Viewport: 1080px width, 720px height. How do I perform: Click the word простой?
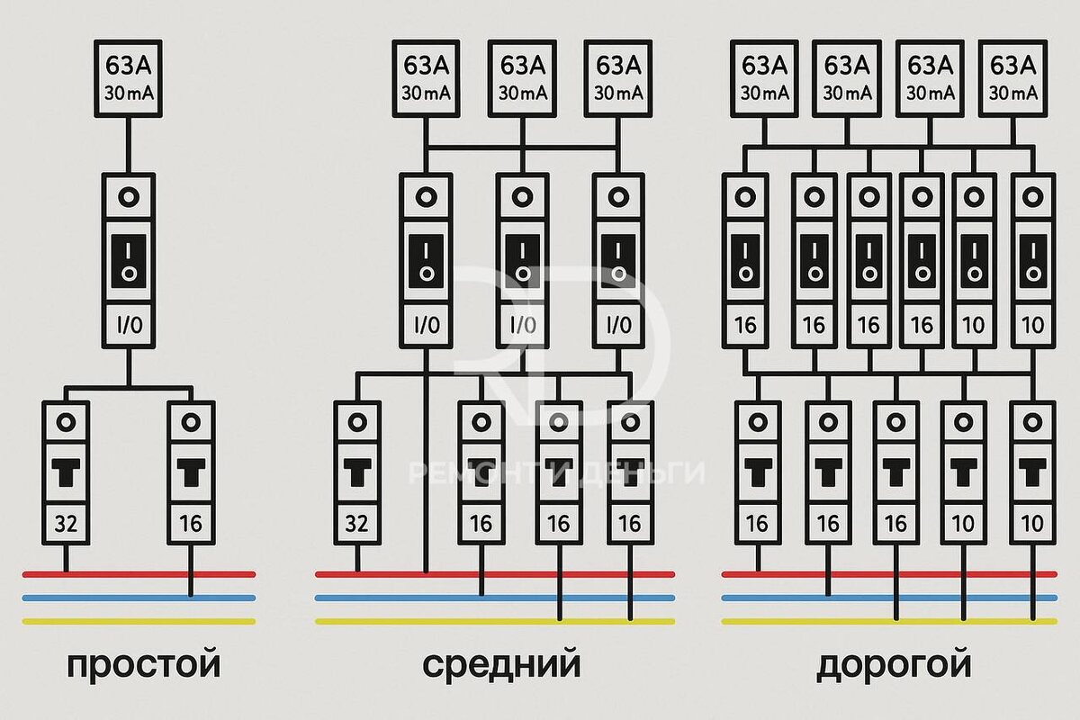(x=143, y=667)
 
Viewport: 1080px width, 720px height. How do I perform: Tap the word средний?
(x=501, y=667)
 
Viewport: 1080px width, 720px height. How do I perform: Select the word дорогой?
(x=894, y=667)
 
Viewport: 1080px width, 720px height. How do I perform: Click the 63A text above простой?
(x=128, y=65)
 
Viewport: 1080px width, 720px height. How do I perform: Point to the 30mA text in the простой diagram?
(x=128, y=93)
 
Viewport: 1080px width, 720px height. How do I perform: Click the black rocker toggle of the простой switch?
(x=128, y=262)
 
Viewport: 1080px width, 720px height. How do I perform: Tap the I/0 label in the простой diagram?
(x=128, y=325)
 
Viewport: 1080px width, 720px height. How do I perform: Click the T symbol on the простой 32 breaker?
(x=66, y=472)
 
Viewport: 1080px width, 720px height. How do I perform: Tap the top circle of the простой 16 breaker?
(x=191, y=421)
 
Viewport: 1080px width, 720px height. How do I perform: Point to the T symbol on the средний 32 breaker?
(x=356, y=472)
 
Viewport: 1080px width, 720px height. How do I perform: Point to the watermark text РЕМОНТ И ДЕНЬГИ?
(x=556, y=472)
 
